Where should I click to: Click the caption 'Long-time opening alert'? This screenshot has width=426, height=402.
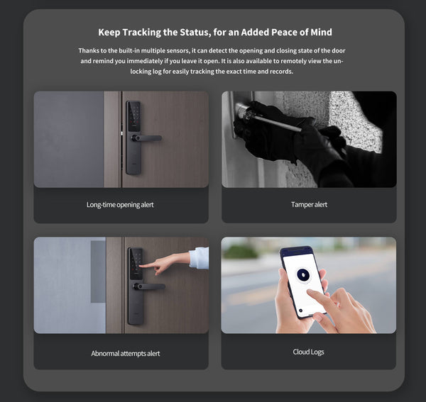(120, 205)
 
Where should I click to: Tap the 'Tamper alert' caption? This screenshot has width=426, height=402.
(309, 205)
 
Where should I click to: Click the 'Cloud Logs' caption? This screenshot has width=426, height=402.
(309, 352)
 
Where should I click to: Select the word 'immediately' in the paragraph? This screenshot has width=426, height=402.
(152, 62)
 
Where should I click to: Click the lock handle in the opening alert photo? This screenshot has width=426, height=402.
(147, 138)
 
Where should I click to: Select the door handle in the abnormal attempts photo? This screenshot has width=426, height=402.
(150, 286)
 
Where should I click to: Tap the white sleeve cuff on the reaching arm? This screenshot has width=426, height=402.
(199, 257)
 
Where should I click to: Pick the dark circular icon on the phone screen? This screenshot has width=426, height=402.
(301, 274)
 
